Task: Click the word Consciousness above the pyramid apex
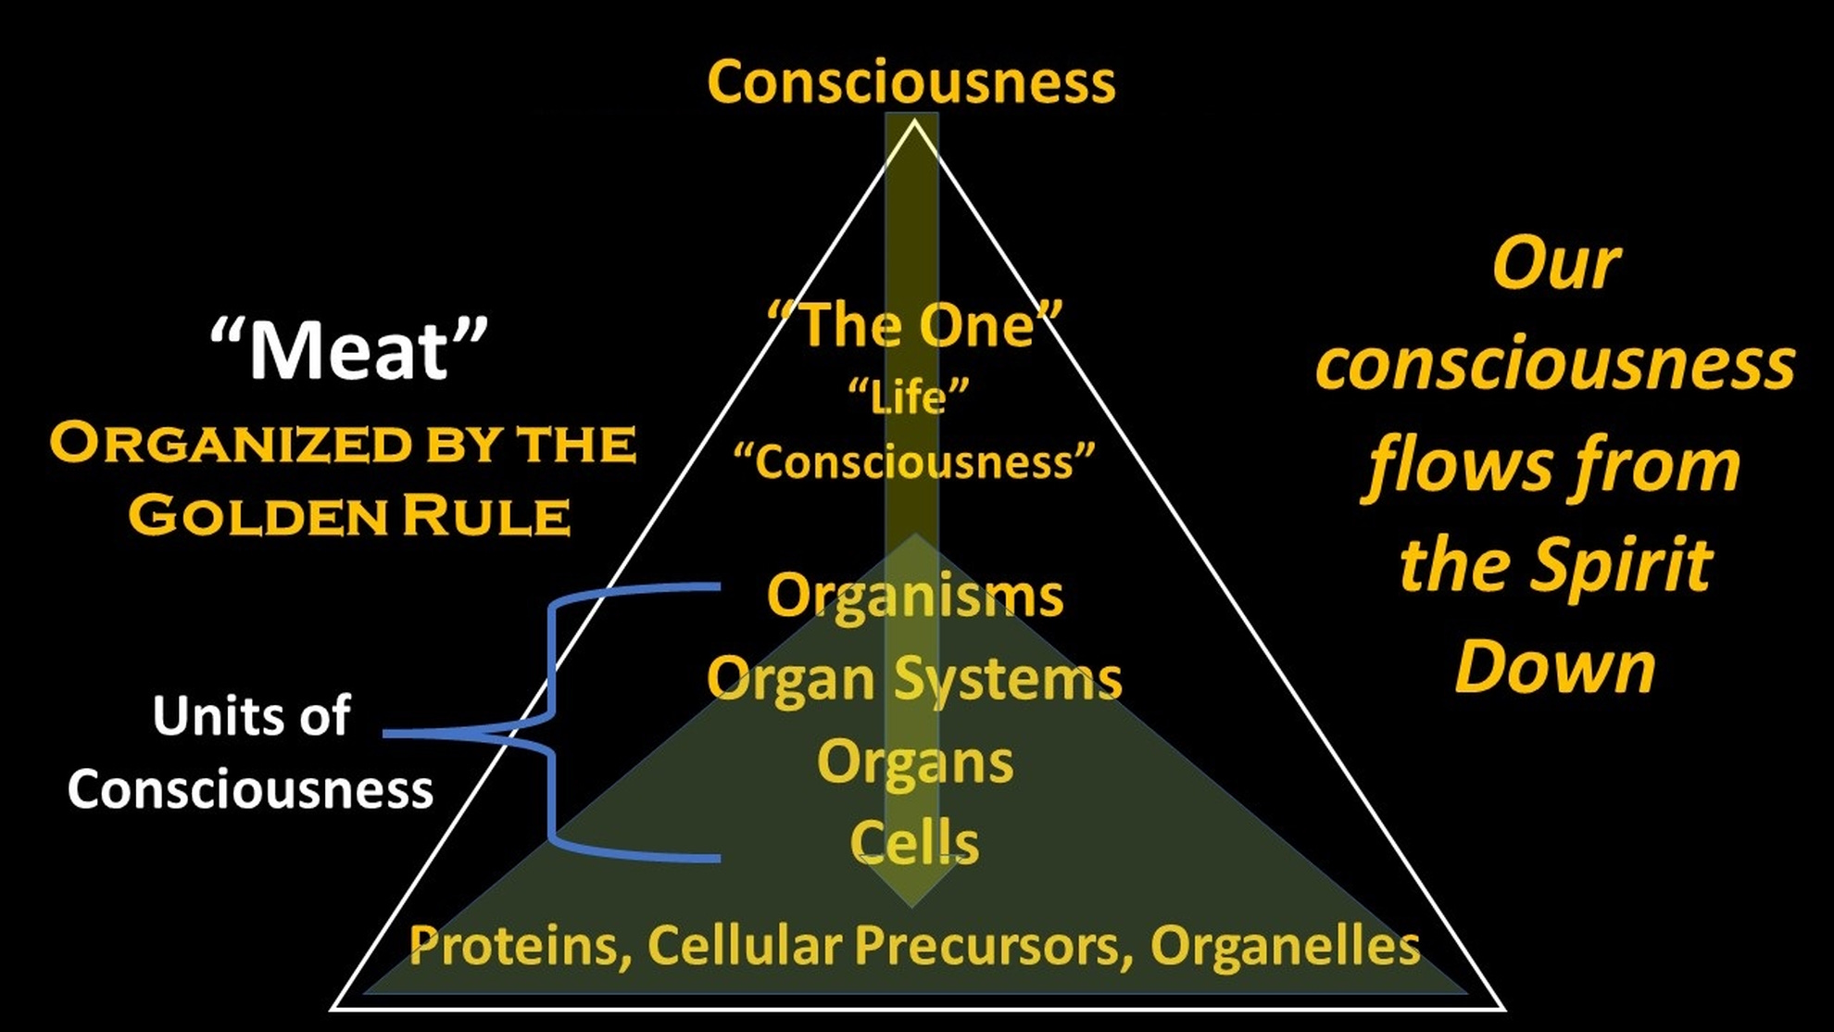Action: coord(911,82)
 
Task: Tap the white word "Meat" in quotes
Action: coord(348,350)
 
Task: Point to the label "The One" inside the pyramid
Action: coord(914,325)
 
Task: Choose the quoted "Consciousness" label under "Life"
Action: coord(913,461)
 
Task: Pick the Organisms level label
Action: coord(914,596)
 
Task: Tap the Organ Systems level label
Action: coord(914,679)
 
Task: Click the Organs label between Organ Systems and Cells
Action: coord(915,761)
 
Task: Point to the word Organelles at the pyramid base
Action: coord(1285,946)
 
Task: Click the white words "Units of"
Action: coord(251,716)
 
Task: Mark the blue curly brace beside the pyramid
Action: coord(553,723)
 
